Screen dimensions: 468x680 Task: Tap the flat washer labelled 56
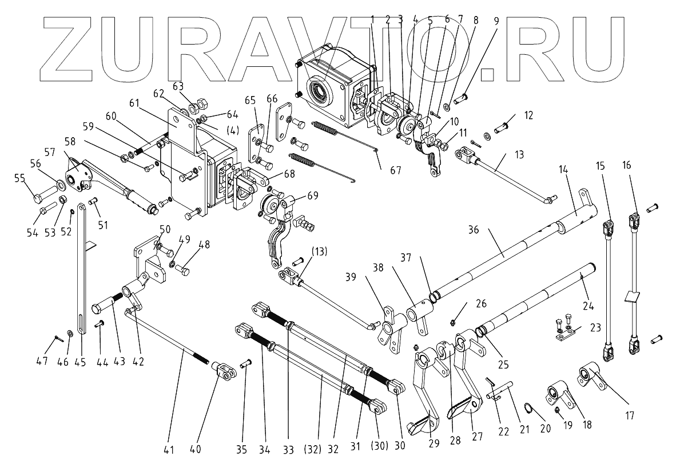point(59,185)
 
